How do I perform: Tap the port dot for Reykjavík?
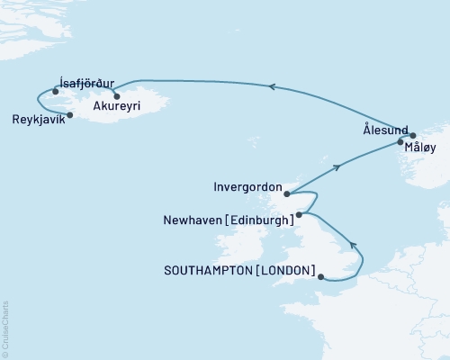67,112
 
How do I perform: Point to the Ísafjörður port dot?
56,91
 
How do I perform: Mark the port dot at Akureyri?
117,94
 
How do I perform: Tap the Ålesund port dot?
413,136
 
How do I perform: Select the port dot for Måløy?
401,142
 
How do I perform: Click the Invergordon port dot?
285,193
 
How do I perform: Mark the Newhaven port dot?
299,214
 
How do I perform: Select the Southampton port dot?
321,277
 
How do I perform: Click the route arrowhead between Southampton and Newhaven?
354,244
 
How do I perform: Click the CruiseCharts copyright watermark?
6,328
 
